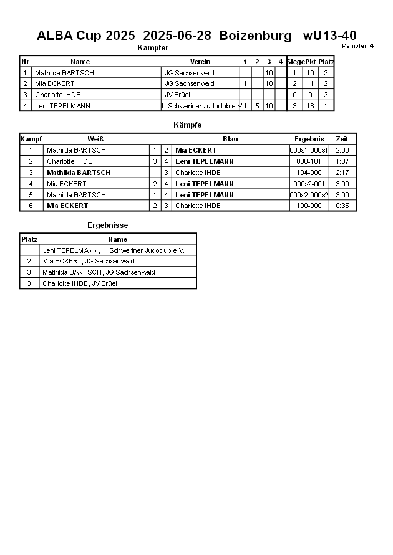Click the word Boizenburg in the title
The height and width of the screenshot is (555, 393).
[255, 36]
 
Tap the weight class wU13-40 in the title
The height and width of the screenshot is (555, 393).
[330, 36]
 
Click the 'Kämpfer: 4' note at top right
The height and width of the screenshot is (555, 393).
[358, 46]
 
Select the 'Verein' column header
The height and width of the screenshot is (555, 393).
[200, 62]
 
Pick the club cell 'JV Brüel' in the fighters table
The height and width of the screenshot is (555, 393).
[177, 95]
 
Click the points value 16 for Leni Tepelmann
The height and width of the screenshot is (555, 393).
[310, 106]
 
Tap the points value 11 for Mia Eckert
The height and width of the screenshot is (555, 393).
[310, 83]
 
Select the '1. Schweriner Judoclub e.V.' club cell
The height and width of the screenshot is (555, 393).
[201, 106]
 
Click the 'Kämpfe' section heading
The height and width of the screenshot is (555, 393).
[187, 125]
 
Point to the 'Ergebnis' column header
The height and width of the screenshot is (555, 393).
[309, 139]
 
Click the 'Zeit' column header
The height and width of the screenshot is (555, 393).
[342, 139]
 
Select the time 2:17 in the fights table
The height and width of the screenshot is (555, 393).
[342, 173]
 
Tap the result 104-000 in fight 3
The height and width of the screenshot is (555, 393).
[309, 173]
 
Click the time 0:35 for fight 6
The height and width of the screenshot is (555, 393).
[342, 206]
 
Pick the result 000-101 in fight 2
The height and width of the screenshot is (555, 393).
[309, 161]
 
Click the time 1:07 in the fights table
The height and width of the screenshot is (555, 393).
[342, 161]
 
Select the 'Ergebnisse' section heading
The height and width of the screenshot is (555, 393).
[107, 225]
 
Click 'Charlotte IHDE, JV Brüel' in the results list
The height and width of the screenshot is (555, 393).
[79, 283]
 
